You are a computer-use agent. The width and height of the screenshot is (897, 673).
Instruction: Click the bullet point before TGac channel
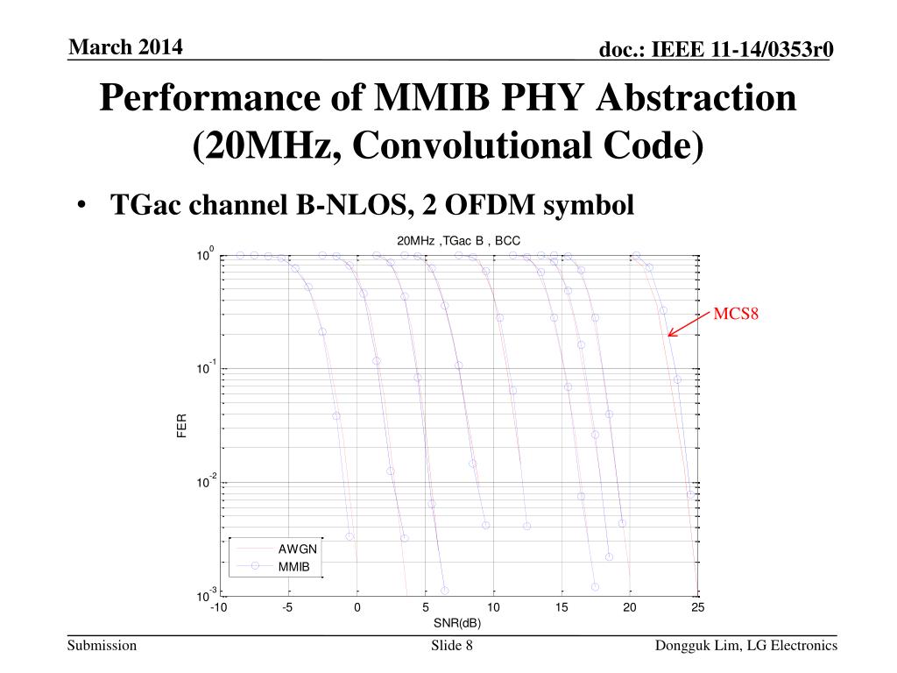[81, 206]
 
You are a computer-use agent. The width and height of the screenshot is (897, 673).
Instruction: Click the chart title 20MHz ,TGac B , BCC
[458, 240]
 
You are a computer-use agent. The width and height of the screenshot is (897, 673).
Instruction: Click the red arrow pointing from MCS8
[688, 322]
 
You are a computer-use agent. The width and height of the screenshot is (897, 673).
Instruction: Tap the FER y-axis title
[182, 426]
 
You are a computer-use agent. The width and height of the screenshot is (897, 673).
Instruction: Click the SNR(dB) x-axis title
[457, 623]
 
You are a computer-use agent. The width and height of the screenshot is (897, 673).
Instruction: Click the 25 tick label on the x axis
[697, 608]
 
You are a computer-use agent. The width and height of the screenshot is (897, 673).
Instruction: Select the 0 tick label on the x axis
[357, 608]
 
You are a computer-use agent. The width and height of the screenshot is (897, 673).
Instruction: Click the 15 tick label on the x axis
[561, 608]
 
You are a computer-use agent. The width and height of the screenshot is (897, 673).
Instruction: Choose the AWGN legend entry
[297, 549]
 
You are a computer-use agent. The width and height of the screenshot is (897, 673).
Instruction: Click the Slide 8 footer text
[452, 647]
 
